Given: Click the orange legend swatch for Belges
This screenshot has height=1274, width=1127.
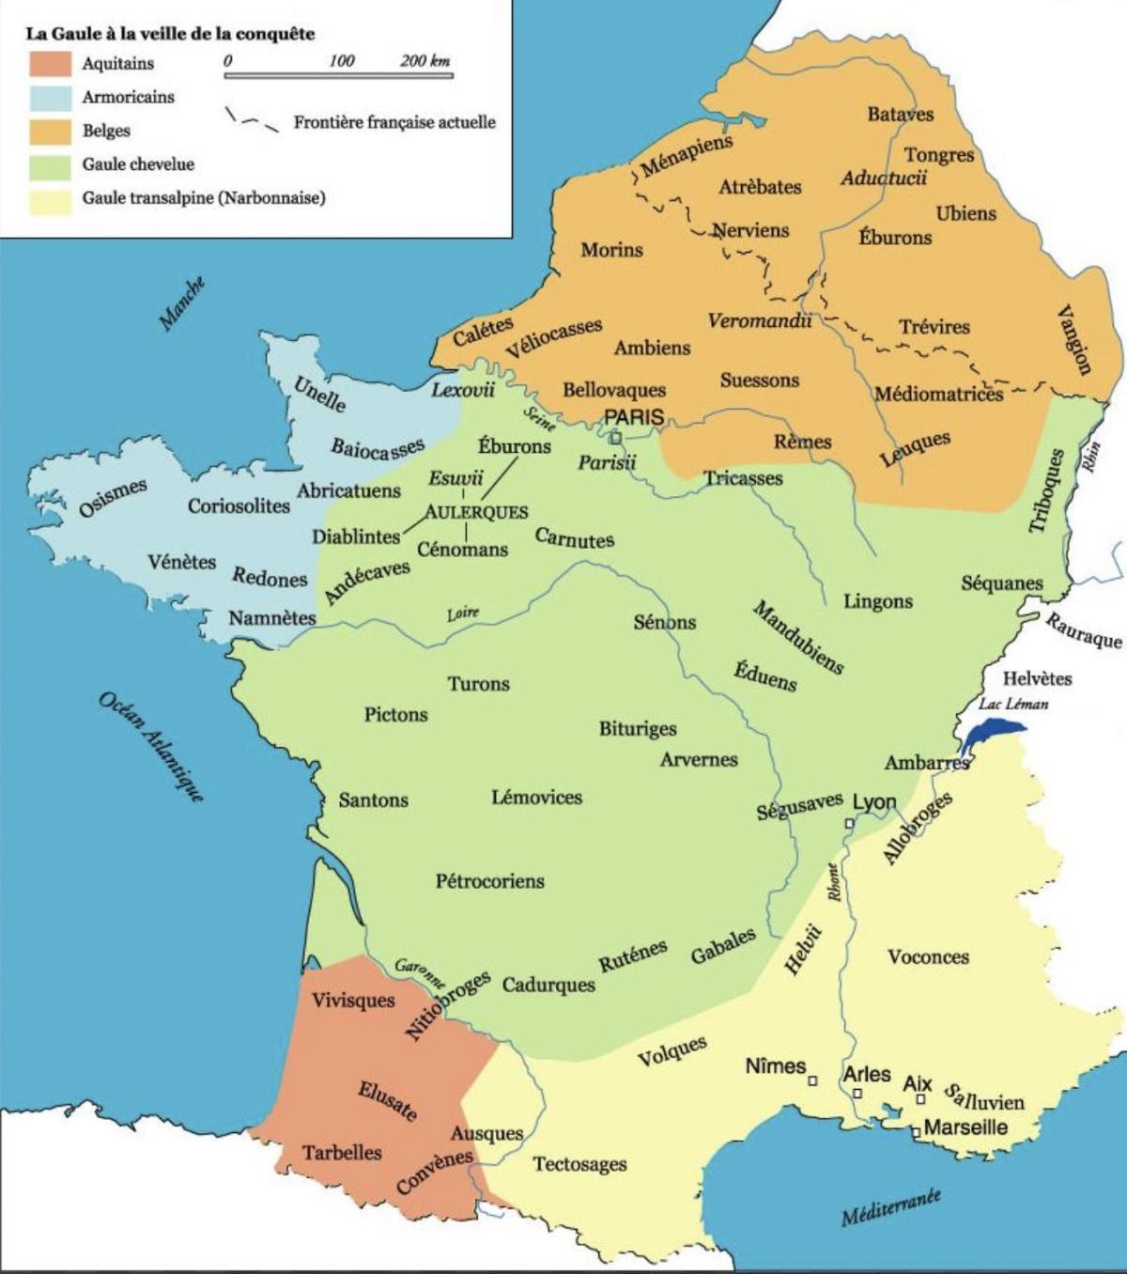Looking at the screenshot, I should tap(51, 131).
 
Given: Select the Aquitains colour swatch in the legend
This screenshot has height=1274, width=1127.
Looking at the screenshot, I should tap(51, 64).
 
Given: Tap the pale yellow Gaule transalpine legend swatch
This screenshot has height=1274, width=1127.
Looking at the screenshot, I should tap(51, 198).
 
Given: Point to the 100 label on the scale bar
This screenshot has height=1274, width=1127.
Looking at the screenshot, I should tap(342, 61).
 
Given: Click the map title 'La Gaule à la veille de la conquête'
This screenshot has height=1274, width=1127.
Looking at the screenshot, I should tap(170, 34).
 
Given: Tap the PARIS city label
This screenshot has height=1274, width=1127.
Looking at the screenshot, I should tap(634, 417).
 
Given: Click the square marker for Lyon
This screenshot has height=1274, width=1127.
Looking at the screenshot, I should tap(848, 824).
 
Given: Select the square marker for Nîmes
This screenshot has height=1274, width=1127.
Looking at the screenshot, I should tap(813, 1080).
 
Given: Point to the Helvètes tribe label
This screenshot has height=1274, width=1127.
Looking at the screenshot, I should tap(1037, 678).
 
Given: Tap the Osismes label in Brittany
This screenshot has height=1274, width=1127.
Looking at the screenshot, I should tap(113, 497).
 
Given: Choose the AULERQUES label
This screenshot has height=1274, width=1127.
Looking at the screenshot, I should tap(476, 512).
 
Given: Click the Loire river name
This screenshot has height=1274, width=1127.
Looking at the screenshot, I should tap(463, 614).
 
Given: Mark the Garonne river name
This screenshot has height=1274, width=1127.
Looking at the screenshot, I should tap(420, 971).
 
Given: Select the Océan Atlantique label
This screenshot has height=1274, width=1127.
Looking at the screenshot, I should tap(150, 748).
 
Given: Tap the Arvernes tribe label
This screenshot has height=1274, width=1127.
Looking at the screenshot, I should tap(699, 759).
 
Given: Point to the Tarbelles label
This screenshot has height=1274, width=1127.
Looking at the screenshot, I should tap(342, 1152).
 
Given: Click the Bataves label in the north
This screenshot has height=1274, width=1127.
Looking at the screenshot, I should tap(900, 115).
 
